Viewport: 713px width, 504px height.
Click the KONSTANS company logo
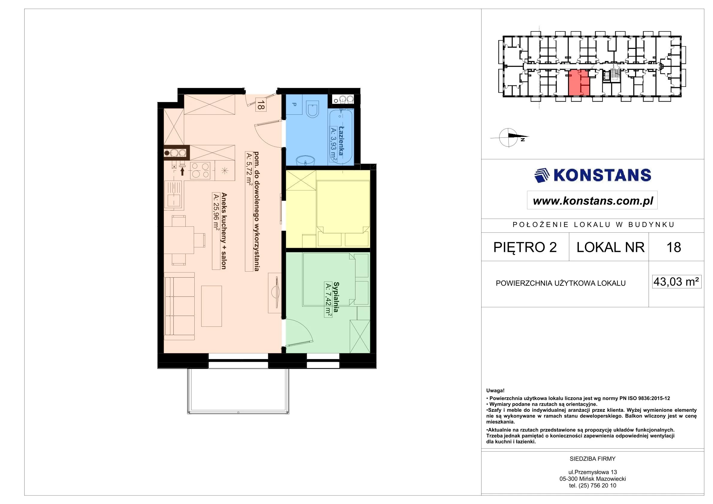pyautogui.click(x=593, y=175)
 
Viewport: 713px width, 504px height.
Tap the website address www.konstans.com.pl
pyautogui.click(x=593, y=201)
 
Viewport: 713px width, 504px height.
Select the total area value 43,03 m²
pyautogui.click(x=676, y=282)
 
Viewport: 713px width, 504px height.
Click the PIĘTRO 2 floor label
pyautogui.click(x=525, y=247)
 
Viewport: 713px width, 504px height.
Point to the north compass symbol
pyautogui.click(x=509, y=137)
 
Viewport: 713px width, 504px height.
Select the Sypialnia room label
pyautogui.click(x=336, y=297)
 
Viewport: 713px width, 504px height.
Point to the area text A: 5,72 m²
pyautogui.click(x=249, y=169)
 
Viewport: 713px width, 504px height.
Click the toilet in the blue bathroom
pyautogui.click(x=312, y=109)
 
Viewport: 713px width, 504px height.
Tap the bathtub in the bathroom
pyautogui.click(x=341, y=136)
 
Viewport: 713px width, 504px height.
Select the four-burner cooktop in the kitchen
pyautogui.click(x=200, y=170)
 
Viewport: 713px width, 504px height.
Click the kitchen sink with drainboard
pyautogui.click(x=174, y=194)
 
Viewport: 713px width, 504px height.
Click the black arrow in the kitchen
pyautogui.click(x=182, y=171)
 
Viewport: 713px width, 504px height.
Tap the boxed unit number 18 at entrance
pyautogui.click(x=261, y=105)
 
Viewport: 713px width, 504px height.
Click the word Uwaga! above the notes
pyautogui.click(x=495, y=391)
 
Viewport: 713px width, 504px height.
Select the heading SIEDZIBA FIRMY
pyautogui.click(x=593, y=459)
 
